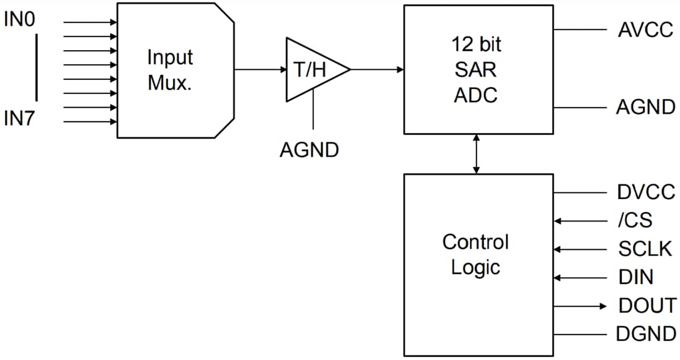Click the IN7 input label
(x=20, y=119)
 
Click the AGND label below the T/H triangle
(x=309, y=150)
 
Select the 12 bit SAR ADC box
(x=478, y=69)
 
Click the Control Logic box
(x=478, y=254)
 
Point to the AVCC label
(x=645, y=30)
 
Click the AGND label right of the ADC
(x=645, y=108)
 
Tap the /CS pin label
(x=635, y=220)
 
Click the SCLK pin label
(x=645, y=249)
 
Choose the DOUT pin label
(x=647, y=306)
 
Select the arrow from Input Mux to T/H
(x=260, y=69)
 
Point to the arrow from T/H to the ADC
(x=377, y=69)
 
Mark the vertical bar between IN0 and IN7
(x=37, y=67)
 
